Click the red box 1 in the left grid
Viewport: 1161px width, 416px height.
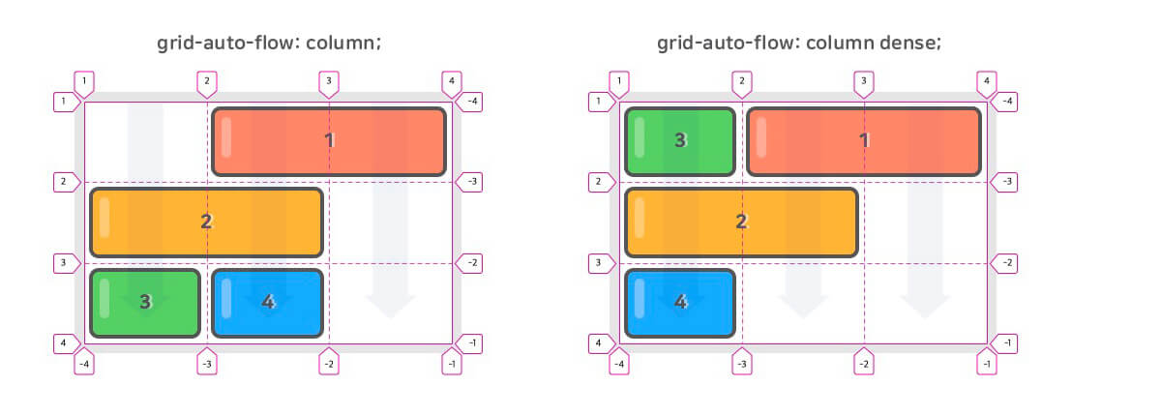(329, 141)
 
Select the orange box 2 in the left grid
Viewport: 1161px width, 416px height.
(206, 222)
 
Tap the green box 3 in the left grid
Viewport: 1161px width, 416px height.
(145, 303)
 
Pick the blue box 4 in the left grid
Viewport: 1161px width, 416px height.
(267, 303)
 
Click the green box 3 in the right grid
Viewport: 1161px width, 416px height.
(680, 141)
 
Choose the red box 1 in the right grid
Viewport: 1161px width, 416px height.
(864, 141)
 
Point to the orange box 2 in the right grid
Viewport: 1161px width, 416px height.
(741, 222)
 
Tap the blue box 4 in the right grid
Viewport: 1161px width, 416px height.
(680, 303)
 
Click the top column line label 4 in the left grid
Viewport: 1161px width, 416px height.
(451, 81)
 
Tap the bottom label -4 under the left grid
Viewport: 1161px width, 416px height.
(85, 364)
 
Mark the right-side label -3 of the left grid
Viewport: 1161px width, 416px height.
(473, 181)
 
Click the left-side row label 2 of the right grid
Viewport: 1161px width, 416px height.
(598, 181)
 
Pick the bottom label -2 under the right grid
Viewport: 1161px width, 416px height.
(864, 364)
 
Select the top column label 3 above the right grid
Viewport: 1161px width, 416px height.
(864, 81)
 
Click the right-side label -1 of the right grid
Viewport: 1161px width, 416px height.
(1008, 342)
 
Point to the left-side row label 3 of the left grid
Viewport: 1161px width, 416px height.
(63, 262)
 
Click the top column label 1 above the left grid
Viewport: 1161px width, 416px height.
(85, 81)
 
